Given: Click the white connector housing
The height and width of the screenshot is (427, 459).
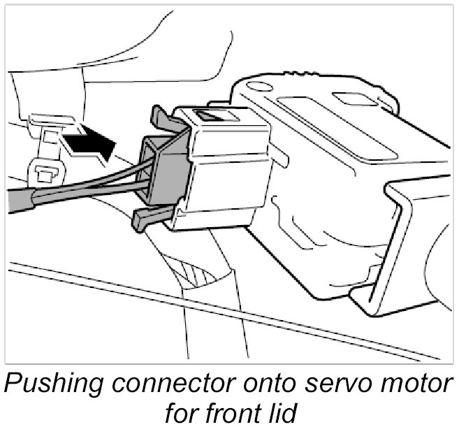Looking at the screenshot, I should (224, 168).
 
